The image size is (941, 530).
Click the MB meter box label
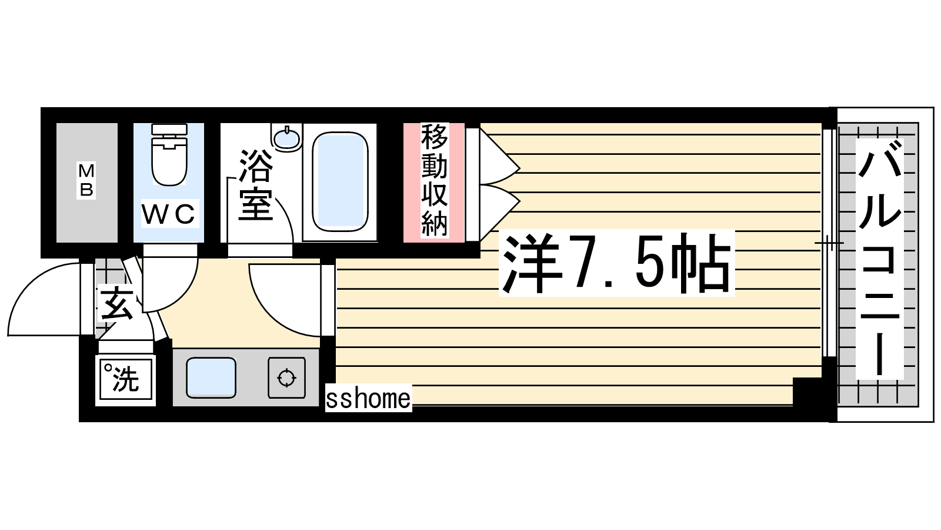point(86,180)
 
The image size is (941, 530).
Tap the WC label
point(169,213)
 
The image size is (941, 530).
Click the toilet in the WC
point(169,154)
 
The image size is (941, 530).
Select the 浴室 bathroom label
point(255,185)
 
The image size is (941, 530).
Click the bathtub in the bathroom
point(340,182)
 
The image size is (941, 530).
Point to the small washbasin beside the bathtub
point(287,137)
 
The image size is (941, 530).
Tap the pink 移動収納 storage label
point(435,181)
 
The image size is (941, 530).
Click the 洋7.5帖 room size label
point(616,263)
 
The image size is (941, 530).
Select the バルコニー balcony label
point(880,259)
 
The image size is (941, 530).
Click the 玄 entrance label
point(116,303)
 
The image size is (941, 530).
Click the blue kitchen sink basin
point(211,377)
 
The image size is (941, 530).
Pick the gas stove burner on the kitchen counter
point(286,377)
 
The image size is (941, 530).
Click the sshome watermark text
point(368,398)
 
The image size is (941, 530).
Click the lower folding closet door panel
point(499,213)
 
